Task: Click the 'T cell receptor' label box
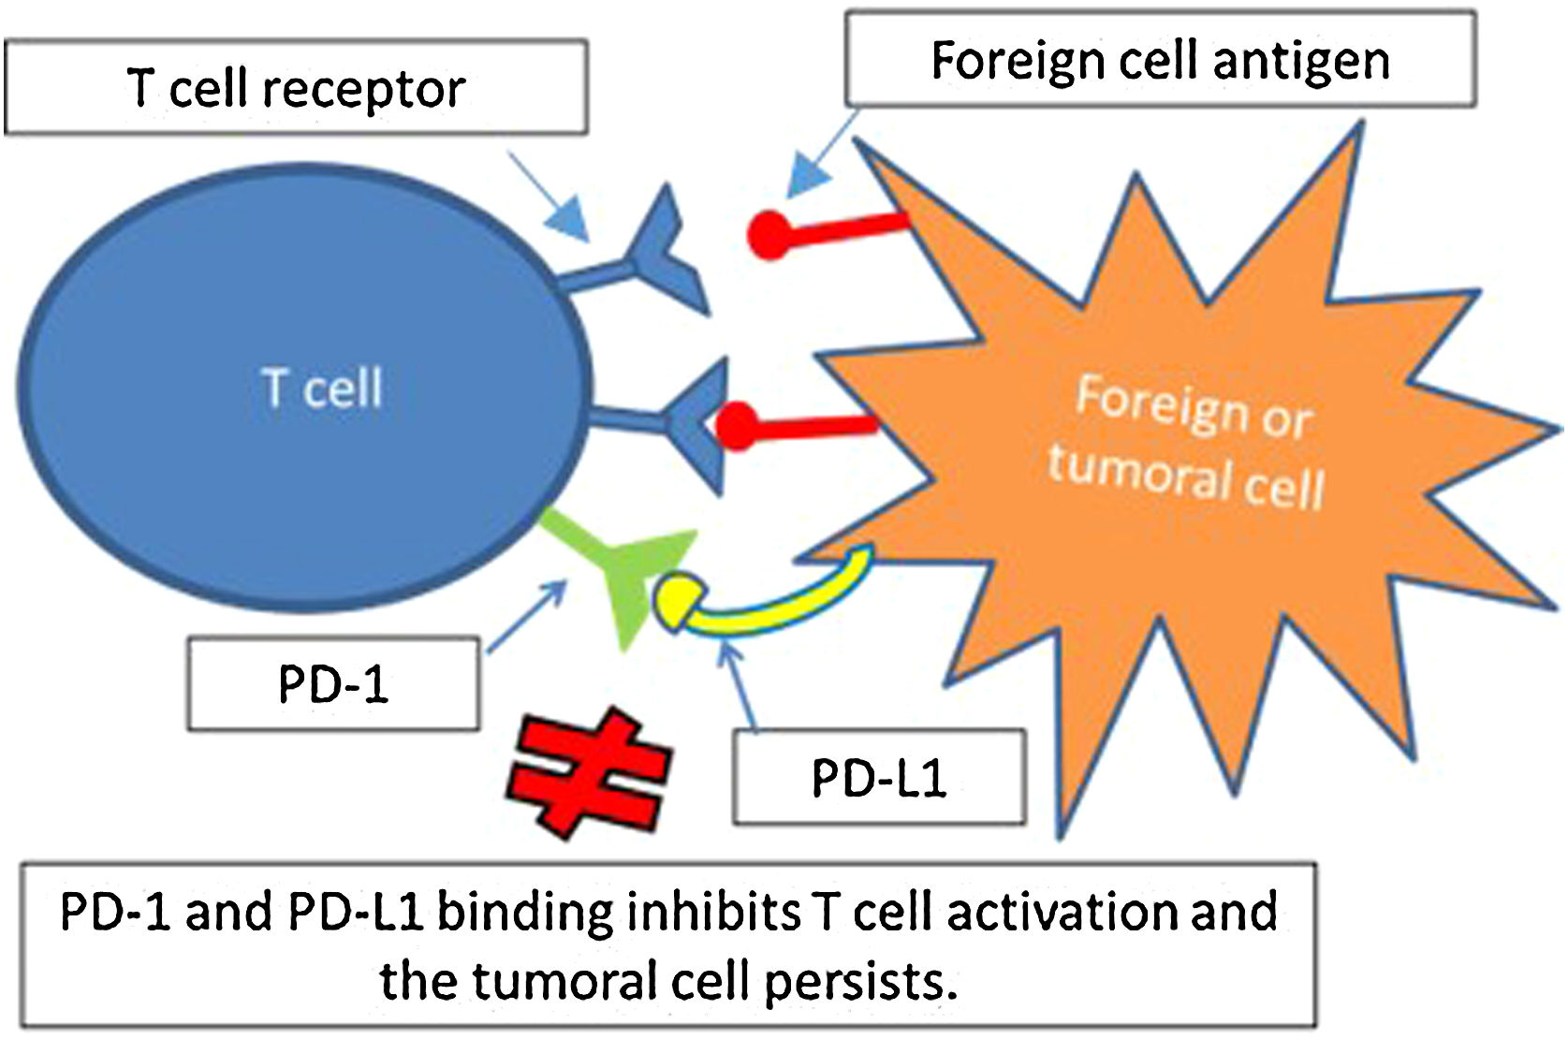click(296, 88)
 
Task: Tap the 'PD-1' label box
click(333, 684)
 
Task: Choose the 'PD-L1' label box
click(878, 777)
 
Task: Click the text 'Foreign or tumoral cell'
click(1189, 440)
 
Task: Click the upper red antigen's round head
click(769, 234)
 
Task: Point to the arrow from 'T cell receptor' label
click(550, 197)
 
